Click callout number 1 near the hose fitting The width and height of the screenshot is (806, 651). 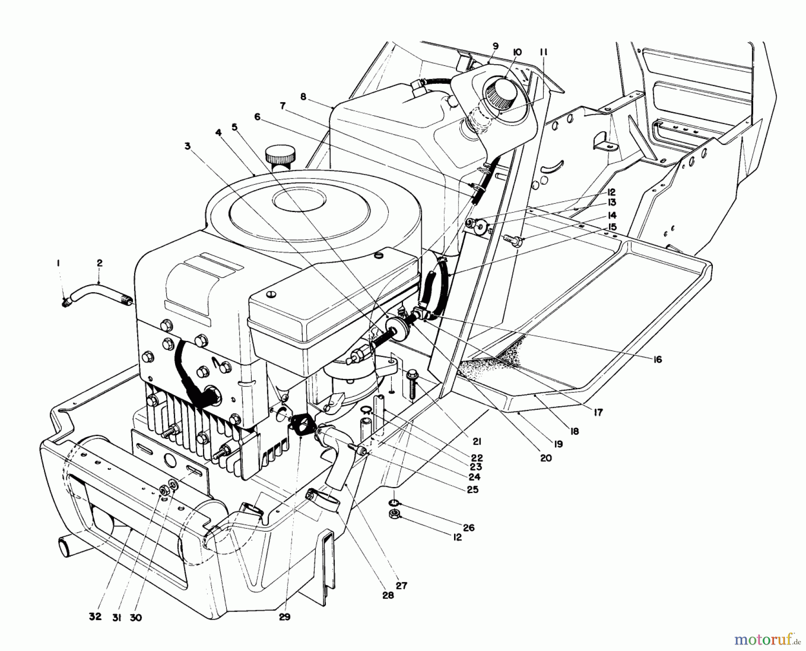57,265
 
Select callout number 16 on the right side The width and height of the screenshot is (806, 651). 657,359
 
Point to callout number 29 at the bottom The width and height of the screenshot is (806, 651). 284,617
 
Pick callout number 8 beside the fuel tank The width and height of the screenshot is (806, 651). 303,96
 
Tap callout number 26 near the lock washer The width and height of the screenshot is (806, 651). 469,527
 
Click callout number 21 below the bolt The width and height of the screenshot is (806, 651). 477,442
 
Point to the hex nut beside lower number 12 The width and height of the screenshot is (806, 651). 394,514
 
